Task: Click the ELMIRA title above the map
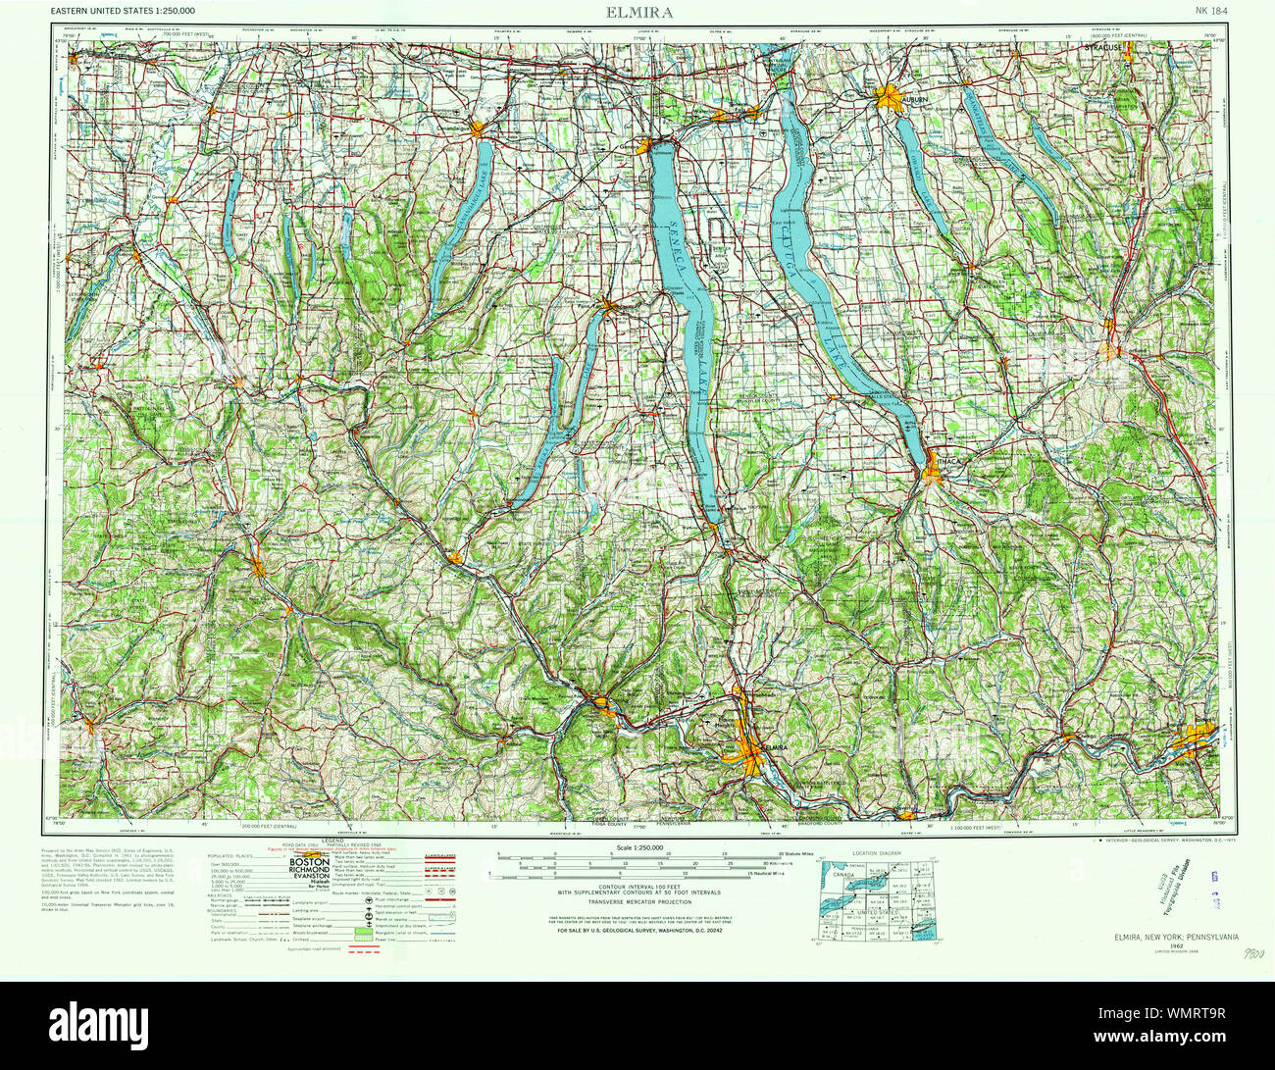click(x=637, y=14)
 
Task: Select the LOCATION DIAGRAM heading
click(x=875, y=854)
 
